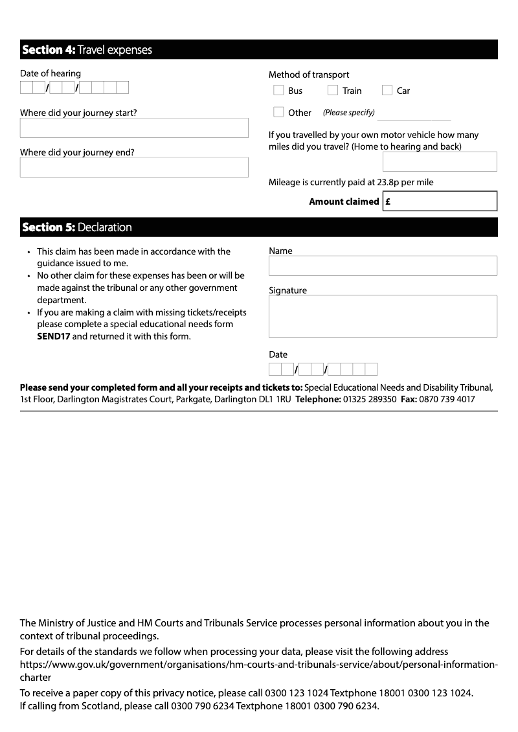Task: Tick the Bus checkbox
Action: (x=278, y=91)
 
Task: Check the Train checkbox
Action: (x=333, y=91)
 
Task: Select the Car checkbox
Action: (x=387, y=91)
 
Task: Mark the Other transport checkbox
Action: (x=278, y=112)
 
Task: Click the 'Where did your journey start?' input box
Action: (x=134, y=128)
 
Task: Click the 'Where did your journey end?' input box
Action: (x=134, y=167)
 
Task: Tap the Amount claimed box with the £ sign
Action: (x=440, y=201)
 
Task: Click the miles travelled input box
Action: (x=440, y=161)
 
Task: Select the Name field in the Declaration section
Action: (x=383, y=266)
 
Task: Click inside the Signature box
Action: (x=383, y=316)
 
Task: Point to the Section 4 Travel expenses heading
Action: (x=87, y=50)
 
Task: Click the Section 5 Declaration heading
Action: (x=77, y=227)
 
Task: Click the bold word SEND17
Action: (x=53, y=336)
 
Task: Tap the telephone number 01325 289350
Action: (x=369, y=400)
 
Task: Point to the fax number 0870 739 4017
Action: (x=447, y=400)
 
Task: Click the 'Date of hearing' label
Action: (x=51, y=73)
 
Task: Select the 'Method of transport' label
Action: (x=309, y=74)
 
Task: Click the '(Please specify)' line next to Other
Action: (x=414, y=115)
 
